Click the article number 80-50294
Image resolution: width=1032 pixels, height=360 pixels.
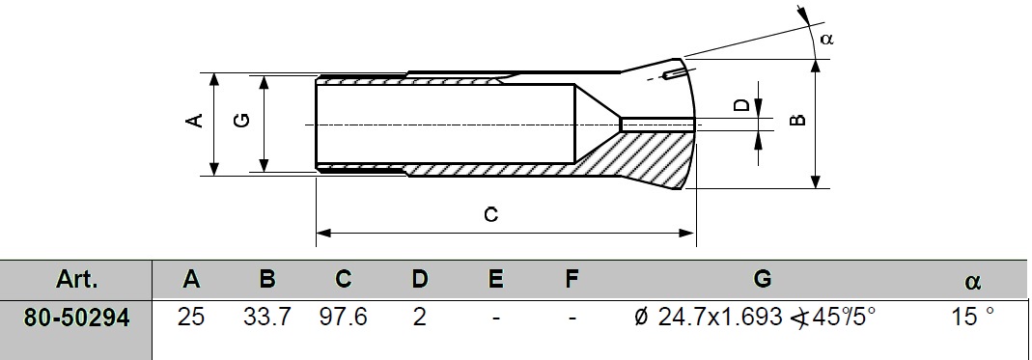click(76, 318)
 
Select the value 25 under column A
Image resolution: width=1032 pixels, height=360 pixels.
click(191, 318)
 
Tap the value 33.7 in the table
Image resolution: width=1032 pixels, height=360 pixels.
click(266, 318)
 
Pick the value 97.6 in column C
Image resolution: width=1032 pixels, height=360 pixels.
click(343, 318)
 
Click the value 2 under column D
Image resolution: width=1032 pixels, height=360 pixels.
click(419, 318)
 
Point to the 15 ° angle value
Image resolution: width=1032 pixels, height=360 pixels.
click(972, 318)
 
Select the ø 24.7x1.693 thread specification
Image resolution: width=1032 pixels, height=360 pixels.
click(712, 318)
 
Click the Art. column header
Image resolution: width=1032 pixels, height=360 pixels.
click(76, 280)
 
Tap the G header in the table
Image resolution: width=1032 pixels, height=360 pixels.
click(762, 280)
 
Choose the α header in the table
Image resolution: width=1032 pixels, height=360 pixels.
click(972, 283)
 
